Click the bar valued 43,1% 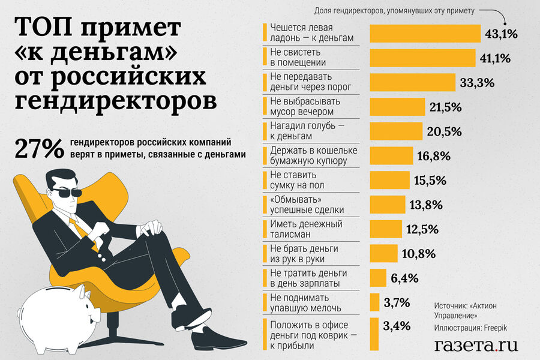pyautogui.click(x=425, y=34)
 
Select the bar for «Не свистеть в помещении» pyautogui.click(x=424, y=58)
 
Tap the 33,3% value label pyautogui.click(x=477, y=83)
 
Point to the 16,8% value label pyautogui.click(x=433, y=156)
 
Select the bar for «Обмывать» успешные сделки pyautogui.click(x=388, y=205)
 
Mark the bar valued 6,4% pyautogui.click(x=377, y=278)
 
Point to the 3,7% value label pyautogui.click(x=397, y=302)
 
